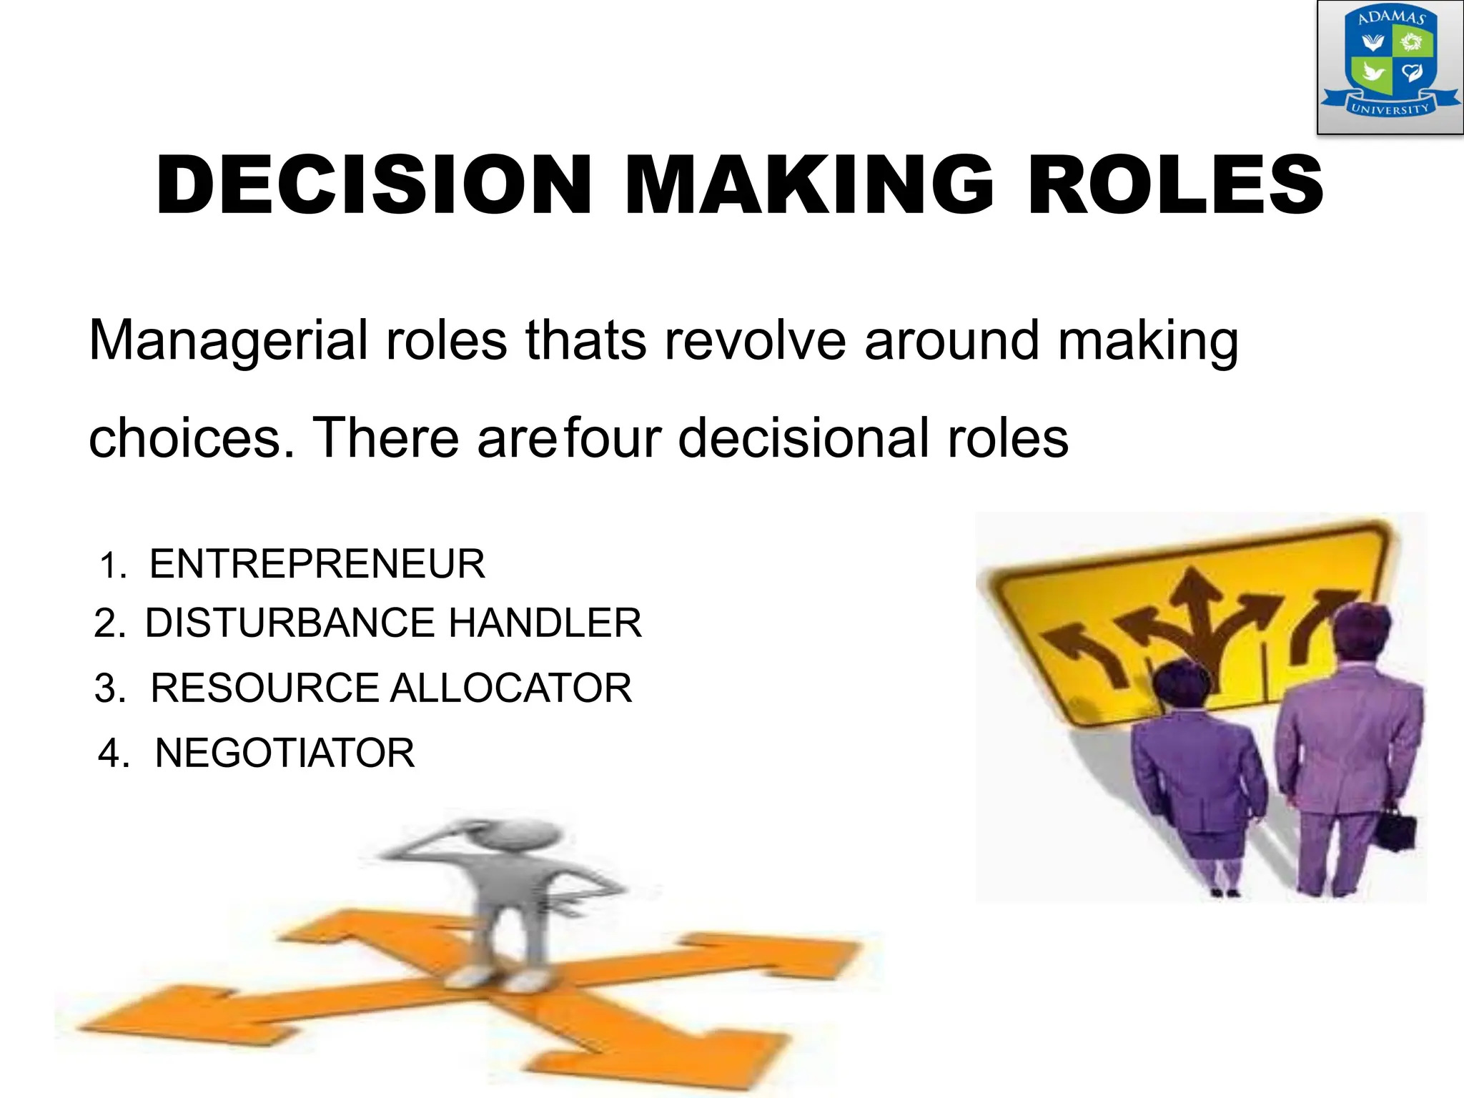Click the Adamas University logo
click(x=1390, y=66)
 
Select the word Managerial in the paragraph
click(x=228, y=341)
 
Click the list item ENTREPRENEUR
click(x=317, y=564)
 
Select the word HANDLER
click(x=545, y=623)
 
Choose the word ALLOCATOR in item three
click(x=510, y=688)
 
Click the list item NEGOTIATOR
click(x=285, y=753)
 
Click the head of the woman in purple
click(x=1177, y=683)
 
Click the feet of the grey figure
click(x=500, y=976)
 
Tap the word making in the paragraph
click(x=1148, y=341)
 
